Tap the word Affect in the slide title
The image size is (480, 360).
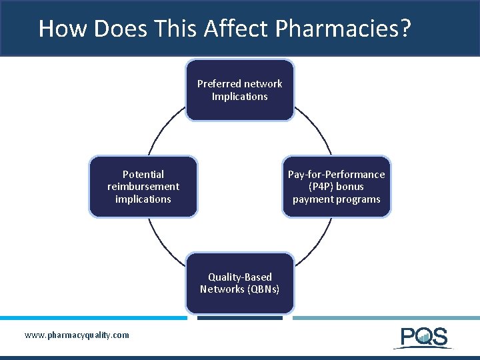(237, 29)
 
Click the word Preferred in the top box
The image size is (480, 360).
(218, 84)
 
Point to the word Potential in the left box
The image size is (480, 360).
(143, 175)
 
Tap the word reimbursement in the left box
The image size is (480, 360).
(143, 187)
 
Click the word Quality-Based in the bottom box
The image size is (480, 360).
(240, 277)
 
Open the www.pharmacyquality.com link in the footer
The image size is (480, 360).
(77, 335)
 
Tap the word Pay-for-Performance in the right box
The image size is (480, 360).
(336, 175)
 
